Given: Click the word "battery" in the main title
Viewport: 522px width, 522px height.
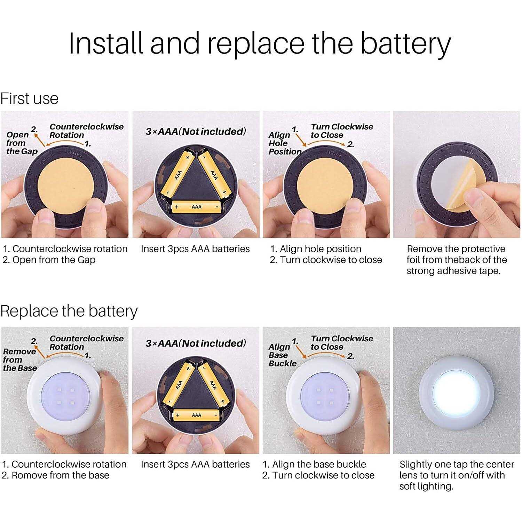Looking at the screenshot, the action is click(405, 44).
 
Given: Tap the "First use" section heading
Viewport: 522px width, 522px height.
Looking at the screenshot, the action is click(29, 98).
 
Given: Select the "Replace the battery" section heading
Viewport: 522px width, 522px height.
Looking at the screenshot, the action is click(69, 311).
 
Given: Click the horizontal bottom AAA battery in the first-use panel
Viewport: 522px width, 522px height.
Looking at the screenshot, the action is click(196, 207).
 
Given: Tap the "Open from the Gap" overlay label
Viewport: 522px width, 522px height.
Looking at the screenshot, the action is click(22, 143).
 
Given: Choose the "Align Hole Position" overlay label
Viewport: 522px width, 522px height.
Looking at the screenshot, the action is click(285, 143).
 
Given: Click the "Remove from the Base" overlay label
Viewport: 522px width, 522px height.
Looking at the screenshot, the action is click(20, 359).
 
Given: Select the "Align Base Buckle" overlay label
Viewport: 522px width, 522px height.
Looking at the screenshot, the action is click(283, 355).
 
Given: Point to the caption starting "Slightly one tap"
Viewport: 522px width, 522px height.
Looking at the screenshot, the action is click(457, 475).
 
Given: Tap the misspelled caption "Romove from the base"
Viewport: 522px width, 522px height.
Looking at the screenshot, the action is click(55, 475).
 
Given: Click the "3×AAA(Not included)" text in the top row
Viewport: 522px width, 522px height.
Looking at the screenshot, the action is click(196, 132).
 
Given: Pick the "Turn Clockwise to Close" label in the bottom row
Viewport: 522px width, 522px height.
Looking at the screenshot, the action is click(342, 343).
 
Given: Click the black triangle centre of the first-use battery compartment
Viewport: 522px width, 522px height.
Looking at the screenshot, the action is click(196, 181).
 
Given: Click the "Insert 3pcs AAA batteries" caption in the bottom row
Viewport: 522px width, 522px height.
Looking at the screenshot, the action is click(195, 464).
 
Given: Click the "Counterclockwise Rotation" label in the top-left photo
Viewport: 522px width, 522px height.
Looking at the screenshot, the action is click(86, 131).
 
